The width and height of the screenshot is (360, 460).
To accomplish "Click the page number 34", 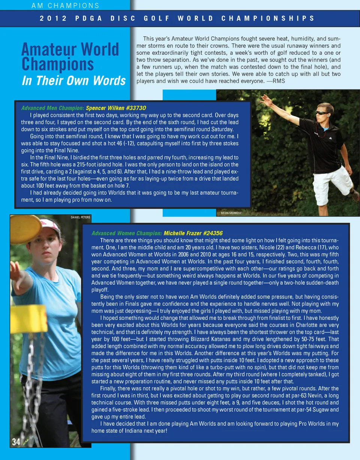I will (16, 442).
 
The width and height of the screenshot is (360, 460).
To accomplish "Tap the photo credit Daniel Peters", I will (80, 217).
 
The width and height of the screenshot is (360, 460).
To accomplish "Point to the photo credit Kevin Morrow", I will (231, 213).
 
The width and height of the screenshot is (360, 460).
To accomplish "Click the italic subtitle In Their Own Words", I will (73, 81).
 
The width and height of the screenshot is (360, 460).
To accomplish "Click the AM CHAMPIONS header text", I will (66, 6).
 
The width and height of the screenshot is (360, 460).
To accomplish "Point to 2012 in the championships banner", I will (53, 18).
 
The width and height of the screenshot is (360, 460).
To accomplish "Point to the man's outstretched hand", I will (266, 100).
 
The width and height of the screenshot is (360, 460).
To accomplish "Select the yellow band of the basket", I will (28, 319).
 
